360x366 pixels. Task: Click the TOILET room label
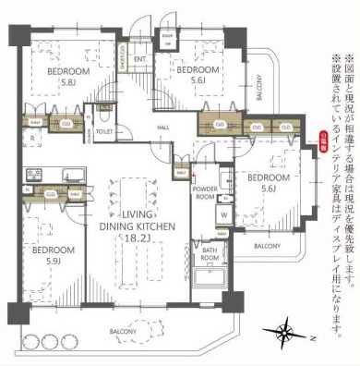click(104, 132)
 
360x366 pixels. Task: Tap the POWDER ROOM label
click(205, 191)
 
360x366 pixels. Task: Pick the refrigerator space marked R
click(33, 139)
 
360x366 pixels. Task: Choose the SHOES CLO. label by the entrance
click(125, 55)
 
